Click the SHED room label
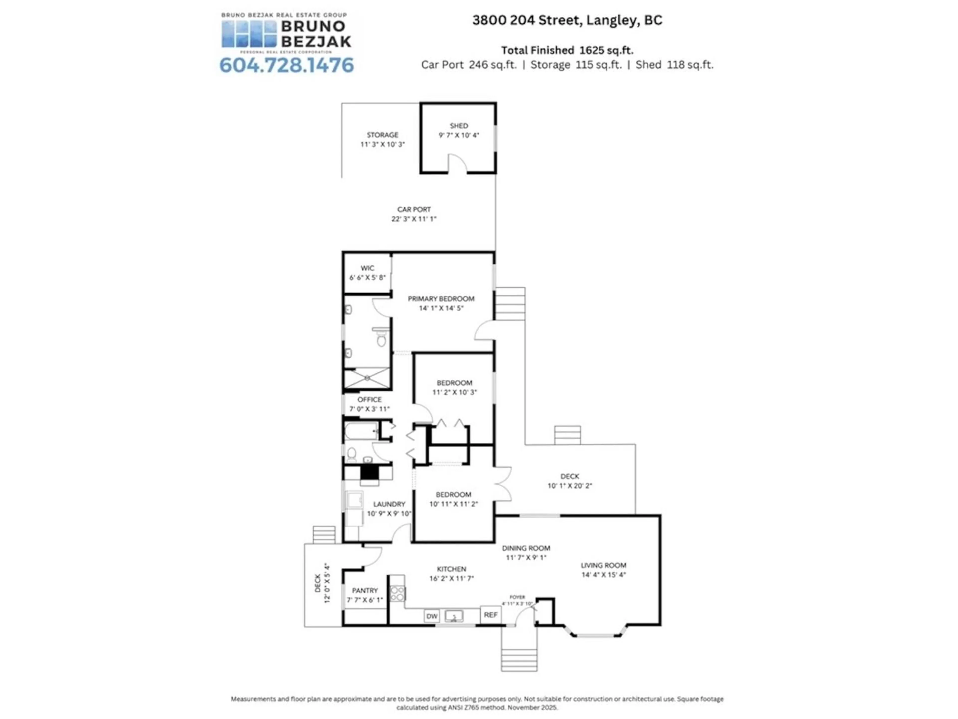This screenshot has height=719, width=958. coord(459,126)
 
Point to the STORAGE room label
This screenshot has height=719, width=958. coord(382,135)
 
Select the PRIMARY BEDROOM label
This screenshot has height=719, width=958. coord(441,299)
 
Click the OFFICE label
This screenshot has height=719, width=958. coord(369,400)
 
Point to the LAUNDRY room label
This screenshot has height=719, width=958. coord(389,504)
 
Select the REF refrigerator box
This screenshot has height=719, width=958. coord(491,615)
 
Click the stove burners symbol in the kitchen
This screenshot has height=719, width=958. coord(397,594)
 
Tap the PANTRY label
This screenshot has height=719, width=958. coord(365,590)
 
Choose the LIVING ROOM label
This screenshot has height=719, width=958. coord(603,565)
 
